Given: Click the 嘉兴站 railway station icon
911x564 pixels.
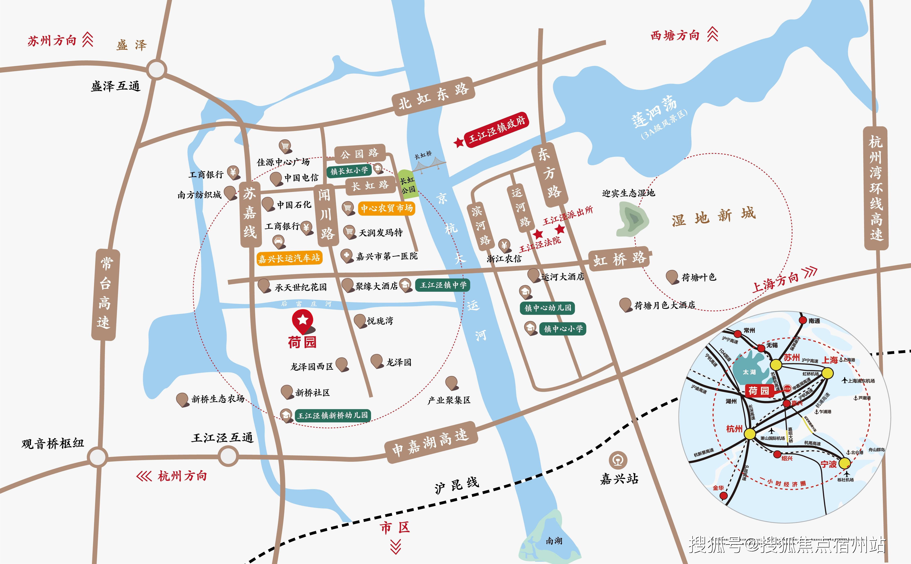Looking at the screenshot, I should [618, 460].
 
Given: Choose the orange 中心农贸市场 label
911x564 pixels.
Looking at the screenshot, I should [387, 208].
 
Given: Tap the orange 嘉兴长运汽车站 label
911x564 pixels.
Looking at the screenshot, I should [289, 258].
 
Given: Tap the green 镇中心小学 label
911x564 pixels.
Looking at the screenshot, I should [563, 329].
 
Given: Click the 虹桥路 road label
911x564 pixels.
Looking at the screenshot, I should [619, 258].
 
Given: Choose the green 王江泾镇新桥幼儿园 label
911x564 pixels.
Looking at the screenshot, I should [332, 415].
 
